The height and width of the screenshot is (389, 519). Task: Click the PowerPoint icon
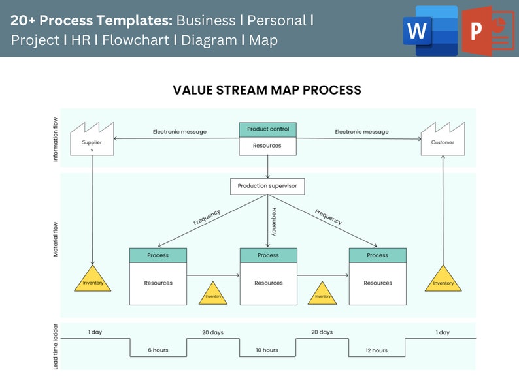point(485,31)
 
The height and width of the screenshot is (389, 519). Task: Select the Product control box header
point(267,129)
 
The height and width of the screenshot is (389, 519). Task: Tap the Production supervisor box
point(267,186)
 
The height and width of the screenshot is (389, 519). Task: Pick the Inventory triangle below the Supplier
point(92,279)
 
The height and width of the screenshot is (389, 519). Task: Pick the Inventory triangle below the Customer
point(443,279)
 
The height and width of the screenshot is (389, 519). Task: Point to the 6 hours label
point(158,350)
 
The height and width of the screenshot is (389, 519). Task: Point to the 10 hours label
point(267,350)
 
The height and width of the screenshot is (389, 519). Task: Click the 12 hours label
point(376,350)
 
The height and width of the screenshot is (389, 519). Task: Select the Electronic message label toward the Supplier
point(179,132)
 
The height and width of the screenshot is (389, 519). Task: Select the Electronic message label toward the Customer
point(361,132)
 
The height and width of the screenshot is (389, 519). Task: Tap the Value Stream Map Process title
point(267,90)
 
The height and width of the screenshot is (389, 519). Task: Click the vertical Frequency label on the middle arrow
point(274,221)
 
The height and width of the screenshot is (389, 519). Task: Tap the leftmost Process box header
point(158,255)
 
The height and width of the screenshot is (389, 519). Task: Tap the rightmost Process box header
point(377,255)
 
